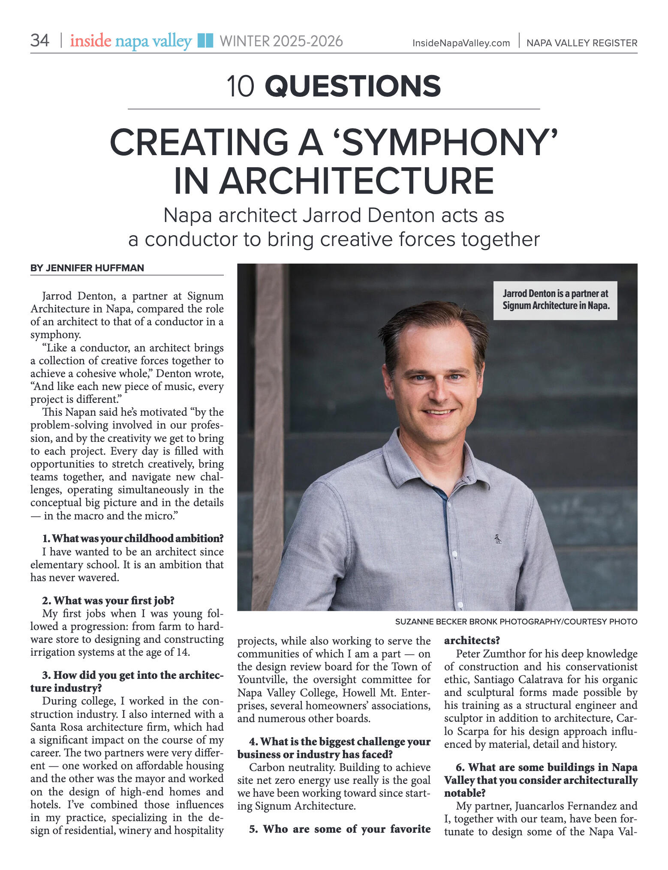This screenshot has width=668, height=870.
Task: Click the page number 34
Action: point(39,41)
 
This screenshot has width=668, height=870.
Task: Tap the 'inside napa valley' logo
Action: point(131,41)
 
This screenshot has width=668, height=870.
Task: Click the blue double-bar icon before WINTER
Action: point(205,41)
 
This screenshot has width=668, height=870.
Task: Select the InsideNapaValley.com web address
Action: point(461,43)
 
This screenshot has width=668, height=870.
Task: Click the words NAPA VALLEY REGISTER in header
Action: point(581,43)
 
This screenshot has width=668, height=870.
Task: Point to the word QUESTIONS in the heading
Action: point(352,86)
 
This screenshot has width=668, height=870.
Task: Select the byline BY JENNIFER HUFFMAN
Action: point(87,268)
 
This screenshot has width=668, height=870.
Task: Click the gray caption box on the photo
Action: point(555,300)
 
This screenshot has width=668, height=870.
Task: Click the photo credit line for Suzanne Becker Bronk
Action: point(516,621)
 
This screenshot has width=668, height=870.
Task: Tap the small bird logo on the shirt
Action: point(497,539)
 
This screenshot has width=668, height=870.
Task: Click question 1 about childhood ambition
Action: point(132,538)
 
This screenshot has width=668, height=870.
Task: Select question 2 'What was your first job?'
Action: point(108,600)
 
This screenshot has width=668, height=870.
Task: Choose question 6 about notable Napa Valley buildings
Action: point(541,780)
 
